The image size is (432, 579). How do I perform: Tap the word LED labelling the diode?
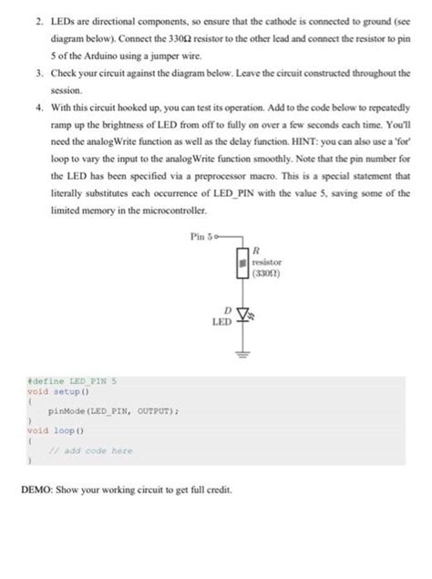[x=221, y=322]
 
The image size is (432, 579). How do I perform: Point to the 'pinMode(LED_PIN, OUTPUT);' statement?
[x=99, y=411]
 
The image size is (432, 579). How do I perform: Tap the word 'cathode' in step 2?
[x=266, y=17]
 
